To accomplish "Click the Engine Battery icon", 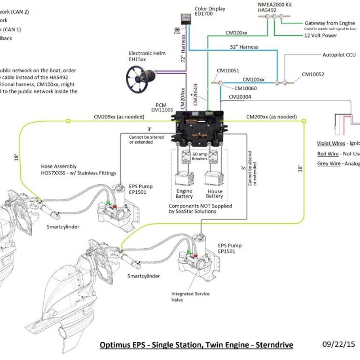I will pyautogui.click(x=184, y=178).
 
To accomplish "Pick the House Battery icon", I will pyautogui.click(x=214, y=178).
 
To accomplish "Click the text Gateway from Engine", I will pyautogui.click(x=330, y=23).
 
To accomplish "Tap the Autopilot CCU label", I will pyautogui.click(x=339, y=55).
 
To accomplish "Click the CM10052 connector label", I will pyautogui.click(x=313, y=75).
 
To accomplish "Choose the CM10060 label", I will pyautogui.click(x=246, y=88).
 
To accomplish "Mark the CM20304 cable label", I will pyautogui.click(x=240, y=97).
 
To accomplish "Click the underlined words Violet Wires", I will pyautogui.click(x=331, y=143).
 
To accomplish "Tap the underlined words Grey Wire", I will pyautogui.click(x=328, y=163).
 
